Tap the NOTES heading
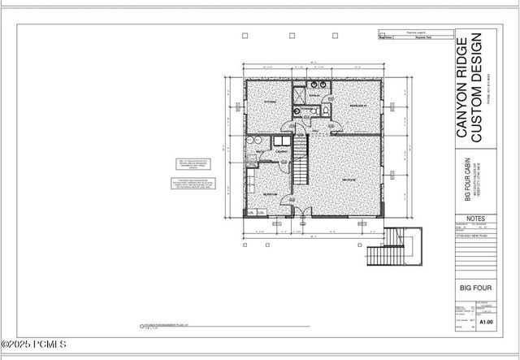tap(477, 219)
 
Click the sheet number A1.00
tap(486, 322)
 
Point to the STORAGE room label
tap(270, 102)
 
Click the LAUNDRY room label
tap(281, 152)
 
